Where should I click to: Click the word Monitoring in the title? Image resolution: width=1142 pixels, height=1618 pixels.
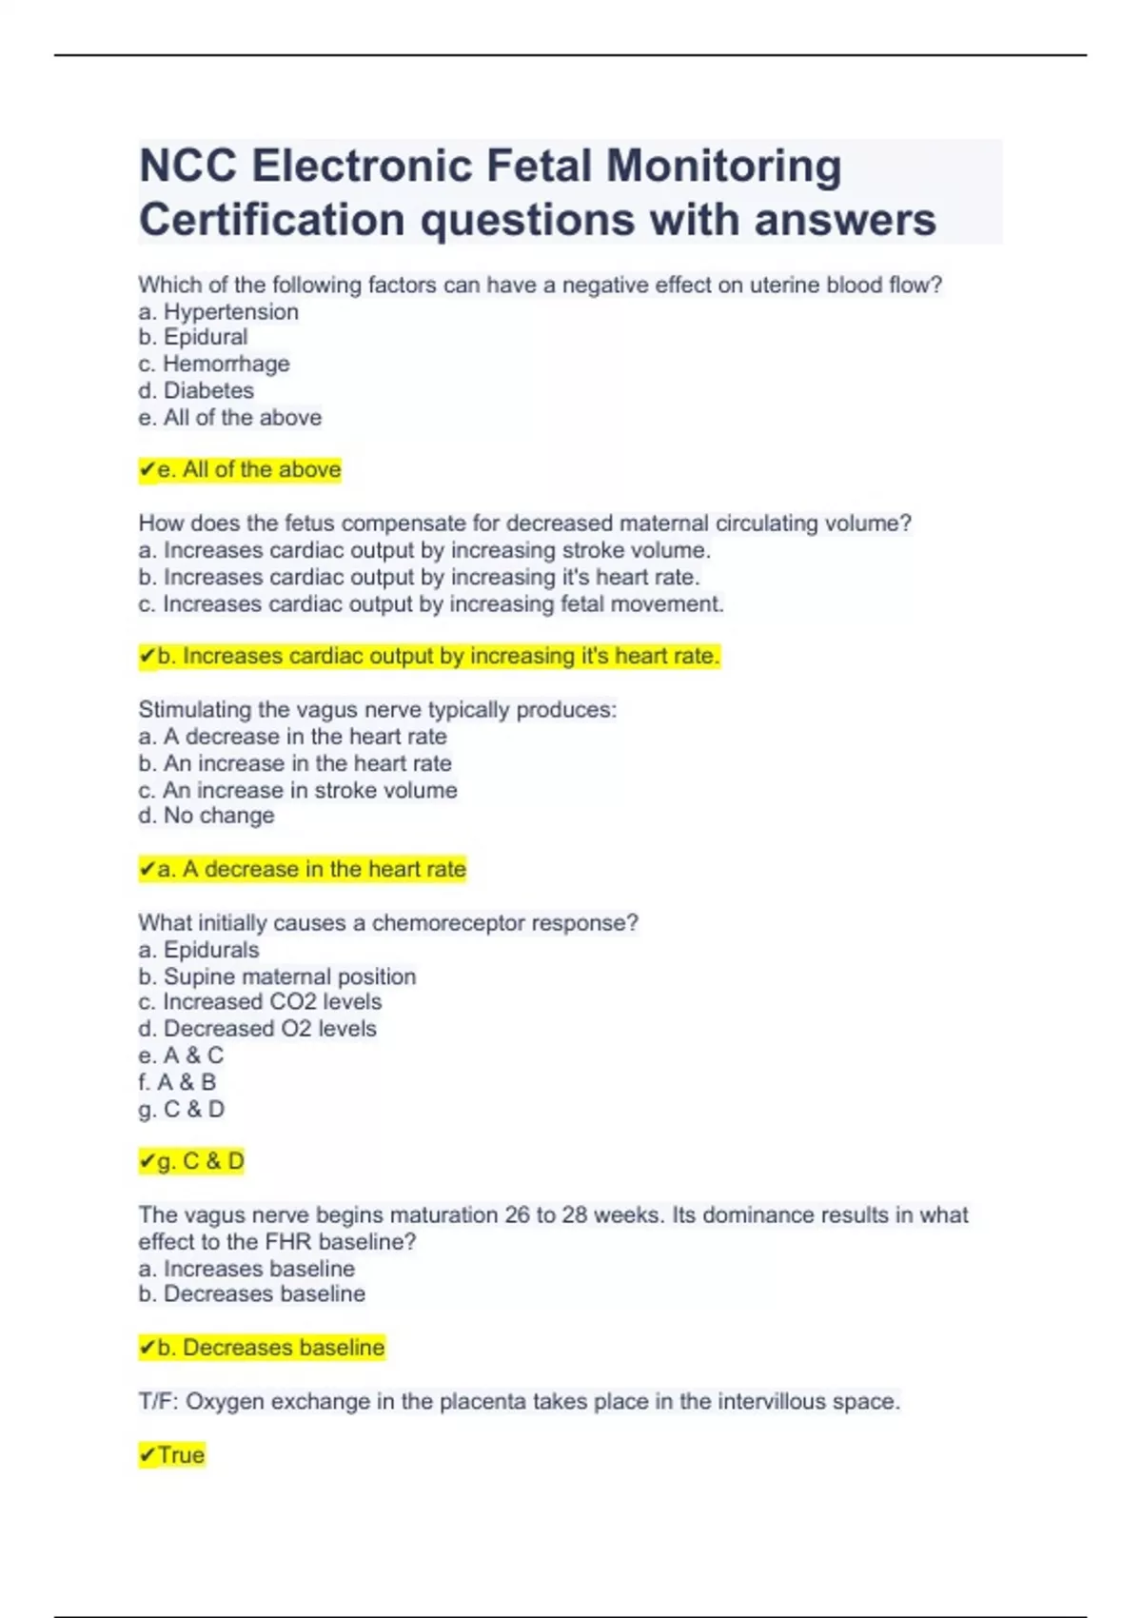click(x=723, y=167)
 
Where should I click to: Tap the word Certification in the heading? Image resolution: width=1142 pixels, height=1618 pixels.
click(x=271, y=220)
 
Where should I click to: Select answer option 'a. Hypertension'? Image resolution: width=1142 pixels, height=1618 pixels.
click(x=219, y=311)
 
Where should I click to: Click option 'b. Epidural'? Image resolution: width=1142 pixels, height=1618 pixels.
click(x=193, y=337)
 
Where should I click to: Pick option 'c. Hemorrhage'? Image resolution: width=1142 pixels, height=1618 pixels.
click(x=214, y=364)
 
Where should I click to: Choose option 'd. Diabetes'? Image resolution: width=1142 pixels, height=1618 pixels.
click(x=196, y=390)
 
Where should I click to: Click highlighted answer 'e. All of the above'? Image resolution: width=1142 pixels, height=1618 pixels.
click(x=240, y=469)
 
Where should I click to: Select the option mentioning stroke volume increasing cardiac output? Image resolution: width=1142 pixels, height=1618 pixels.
click(x=424, y=550)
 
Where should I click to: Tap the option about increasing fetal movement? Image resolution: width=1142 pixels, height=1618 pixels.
click(x=431, y=603)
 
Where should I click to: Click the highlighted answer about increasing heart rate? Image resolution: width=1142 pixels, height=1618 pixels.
click(x=429, y=656)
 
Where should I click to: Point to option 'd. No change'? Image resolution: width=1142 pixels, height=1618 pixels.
click(x=207, y=816)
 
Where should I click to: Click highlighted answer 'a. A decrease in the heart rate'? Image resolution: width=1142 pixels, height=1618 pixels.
click(x=303, y=869)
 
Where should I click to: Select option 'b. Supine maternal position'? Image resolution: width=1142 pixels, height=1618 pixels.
click(x=277, y=977)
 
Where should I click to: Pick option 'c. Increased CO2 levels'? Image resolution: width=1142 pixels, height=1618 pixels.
click(x=260, y=1002)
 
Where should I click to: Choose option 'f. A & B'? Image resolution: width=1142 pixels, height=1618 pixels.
click(x=177, y=1082)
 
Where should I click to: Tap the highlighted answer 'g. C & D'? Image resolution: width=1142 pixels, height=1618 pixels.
click(x=191, y=1161)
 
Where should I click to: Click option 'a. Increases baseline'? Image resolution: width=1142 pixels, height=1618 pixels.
click(x=246, y=1269)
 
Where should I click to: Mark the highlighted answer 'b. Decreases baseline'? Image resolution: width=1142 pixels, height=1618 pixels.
click(x=262, y=1348)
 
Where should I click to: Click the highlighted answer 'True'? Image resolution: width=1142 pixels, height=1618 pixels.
click(x=172, y=1455)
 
